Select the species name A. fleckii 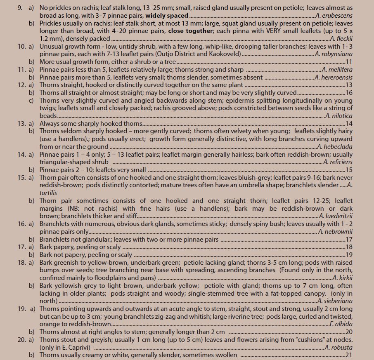[341, 38]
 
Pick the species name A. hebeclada [335, 146]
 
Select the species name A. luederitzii [336, 216]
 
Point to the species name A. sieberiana [335, 301]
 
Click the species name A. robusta [338, 347]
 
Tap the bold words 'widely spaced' [167, 15]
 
